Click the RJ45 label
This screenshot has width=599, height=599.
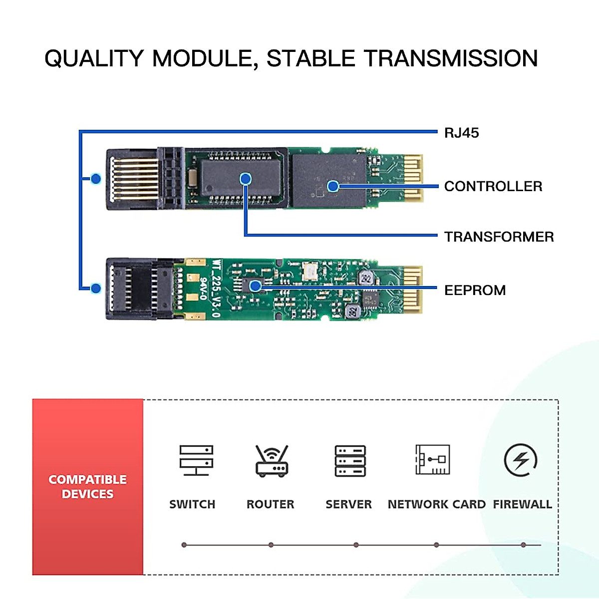click(x=461, y=133)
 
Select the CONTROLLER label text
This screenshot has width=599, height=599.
click(x=493, y=186)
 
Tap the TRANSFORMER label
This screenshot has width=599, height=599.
click(x=499, y=237)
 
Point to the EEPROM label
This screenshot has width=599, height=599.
click(x=475, y=290)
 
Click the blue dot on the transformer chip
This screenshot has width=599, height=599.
click(x=245, y=179)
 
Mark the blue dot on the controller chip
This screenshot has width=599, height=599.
click(x=333, y=186)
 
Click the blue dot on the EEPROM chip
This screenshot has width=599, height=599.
click(x=255, y=286)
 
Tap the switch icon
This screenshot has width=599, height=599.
click(x=196, y=460)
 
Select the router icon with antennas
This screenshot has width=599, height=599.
click(x=272, y=461)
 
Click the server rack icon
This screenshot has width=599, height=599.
click(x=350, y=460)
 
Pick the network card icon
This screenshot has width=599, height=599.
click(x=432, y=459)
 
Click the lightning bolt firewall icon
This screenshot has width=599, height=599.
click(x=521, y=460)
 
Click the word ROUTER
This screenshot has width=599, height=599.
click(x=270, y=504)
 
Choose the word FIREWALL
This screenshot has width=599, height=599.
click(x=522, y=504)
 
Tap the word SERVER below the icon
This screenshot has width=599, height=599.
click(x=348, y=504)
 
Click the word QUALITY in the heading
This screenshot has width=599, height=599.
click(x=94, y=58)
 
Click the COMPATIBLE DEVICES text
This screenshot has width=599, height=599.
click(x=87, y=486)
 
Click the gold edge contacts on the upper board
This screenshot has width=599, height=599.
click(x=413, y=178)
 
